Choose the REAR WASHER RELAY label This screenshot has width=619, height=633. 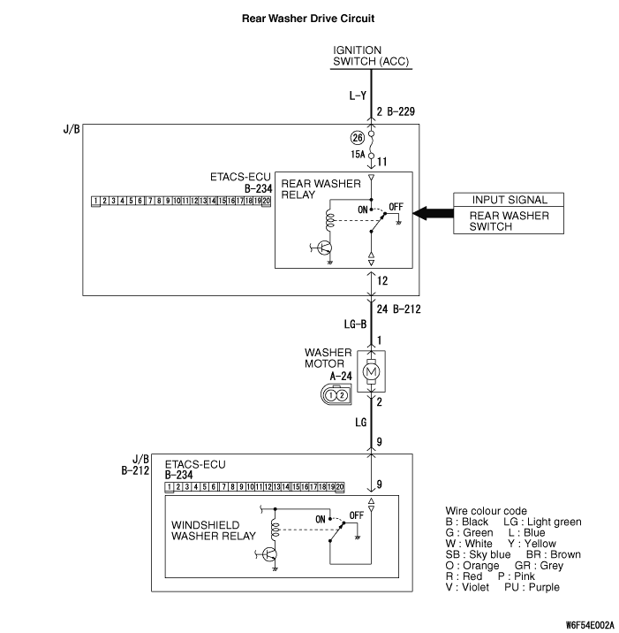point(321,189)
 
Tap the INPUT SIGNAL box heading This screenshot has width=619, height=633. point(509,201)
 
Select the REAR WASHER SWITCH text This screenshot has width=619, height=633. point(509,221)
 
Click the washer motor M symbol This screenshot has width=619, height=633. point(371,372)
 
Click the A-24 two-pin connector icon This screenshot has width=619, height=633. point(336,395)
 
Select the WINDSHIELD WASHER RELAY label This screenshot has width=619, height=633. point(214,530)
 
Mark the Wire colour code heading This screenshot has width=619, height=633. point(487,511)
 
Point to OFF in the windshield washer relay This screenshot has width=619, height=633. point(357,515)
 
